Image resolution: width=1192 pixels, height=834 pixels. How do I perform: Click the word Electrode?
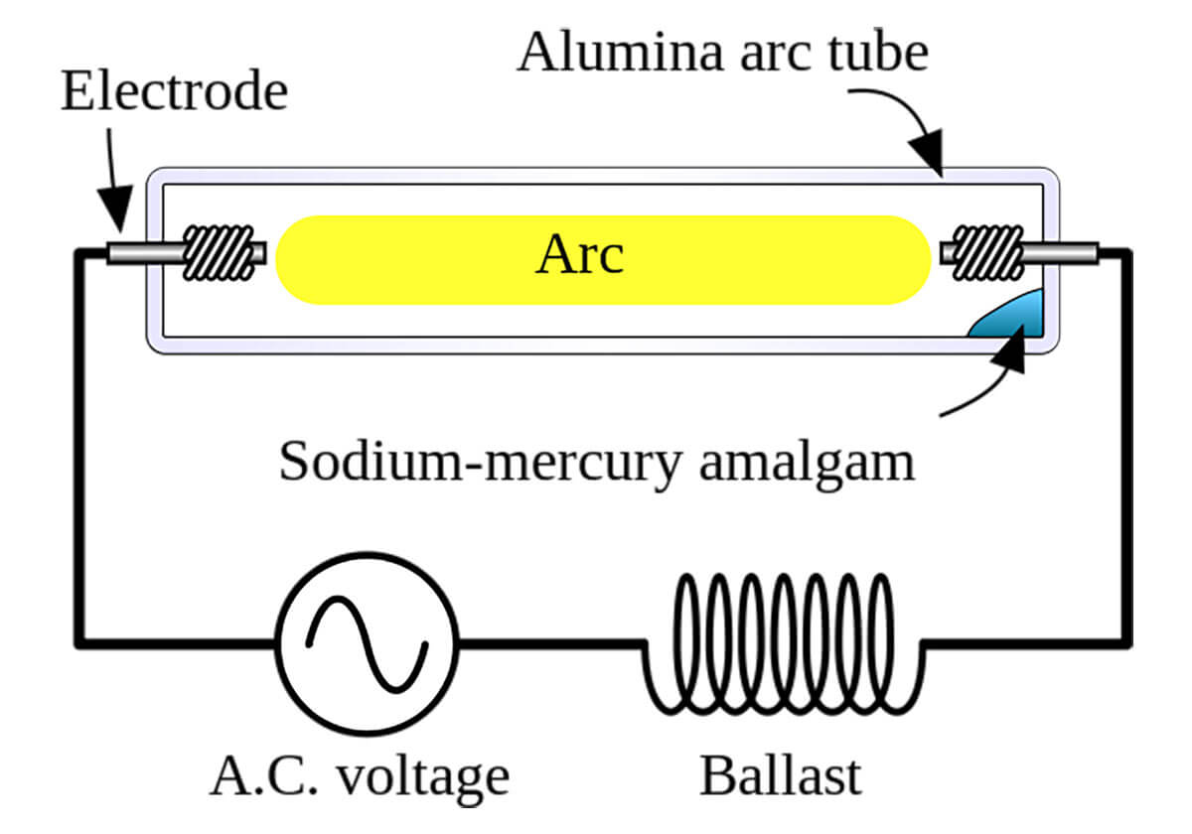pos(175,91)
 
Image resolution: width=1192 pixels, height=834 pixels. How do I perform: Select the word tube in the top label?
pos(878,52)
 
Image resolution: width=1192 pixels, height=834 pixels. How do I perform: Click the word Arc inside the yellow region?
pos(579,254)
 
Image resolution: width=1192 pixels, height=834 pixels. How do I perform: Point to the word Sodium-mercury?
pos(480,462)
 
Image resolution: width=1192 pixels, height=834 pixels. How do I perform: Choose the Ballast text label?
pos(780,776)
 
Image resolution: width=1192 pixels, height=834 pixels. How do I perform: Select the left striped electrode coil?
pos(219,252)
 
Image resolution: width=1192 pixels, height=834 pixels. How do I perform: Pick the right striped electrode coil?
pos(987,252)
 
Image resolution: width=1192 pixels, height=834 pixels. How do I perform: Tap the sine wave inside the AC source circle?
pos(367,644)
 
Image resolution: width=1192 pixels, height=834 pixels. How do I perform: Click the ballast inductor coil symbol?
pos(784,644)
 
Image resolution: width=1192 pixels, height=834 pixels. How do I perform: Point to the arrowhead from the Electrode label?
pos(115,209)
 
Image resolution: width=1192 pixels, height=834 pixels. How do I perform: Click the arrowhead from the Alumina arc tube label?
pos(928,153)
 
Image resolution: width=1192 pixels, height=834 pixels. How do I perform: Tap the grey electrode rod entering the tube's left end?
pos(145,253)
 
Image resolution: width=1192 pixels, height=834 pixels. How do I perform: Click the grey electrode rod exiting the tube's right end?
pos(1061,253)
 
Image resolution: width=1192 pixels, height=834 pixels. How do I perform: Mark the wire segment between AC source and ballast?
pos(550,644)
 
